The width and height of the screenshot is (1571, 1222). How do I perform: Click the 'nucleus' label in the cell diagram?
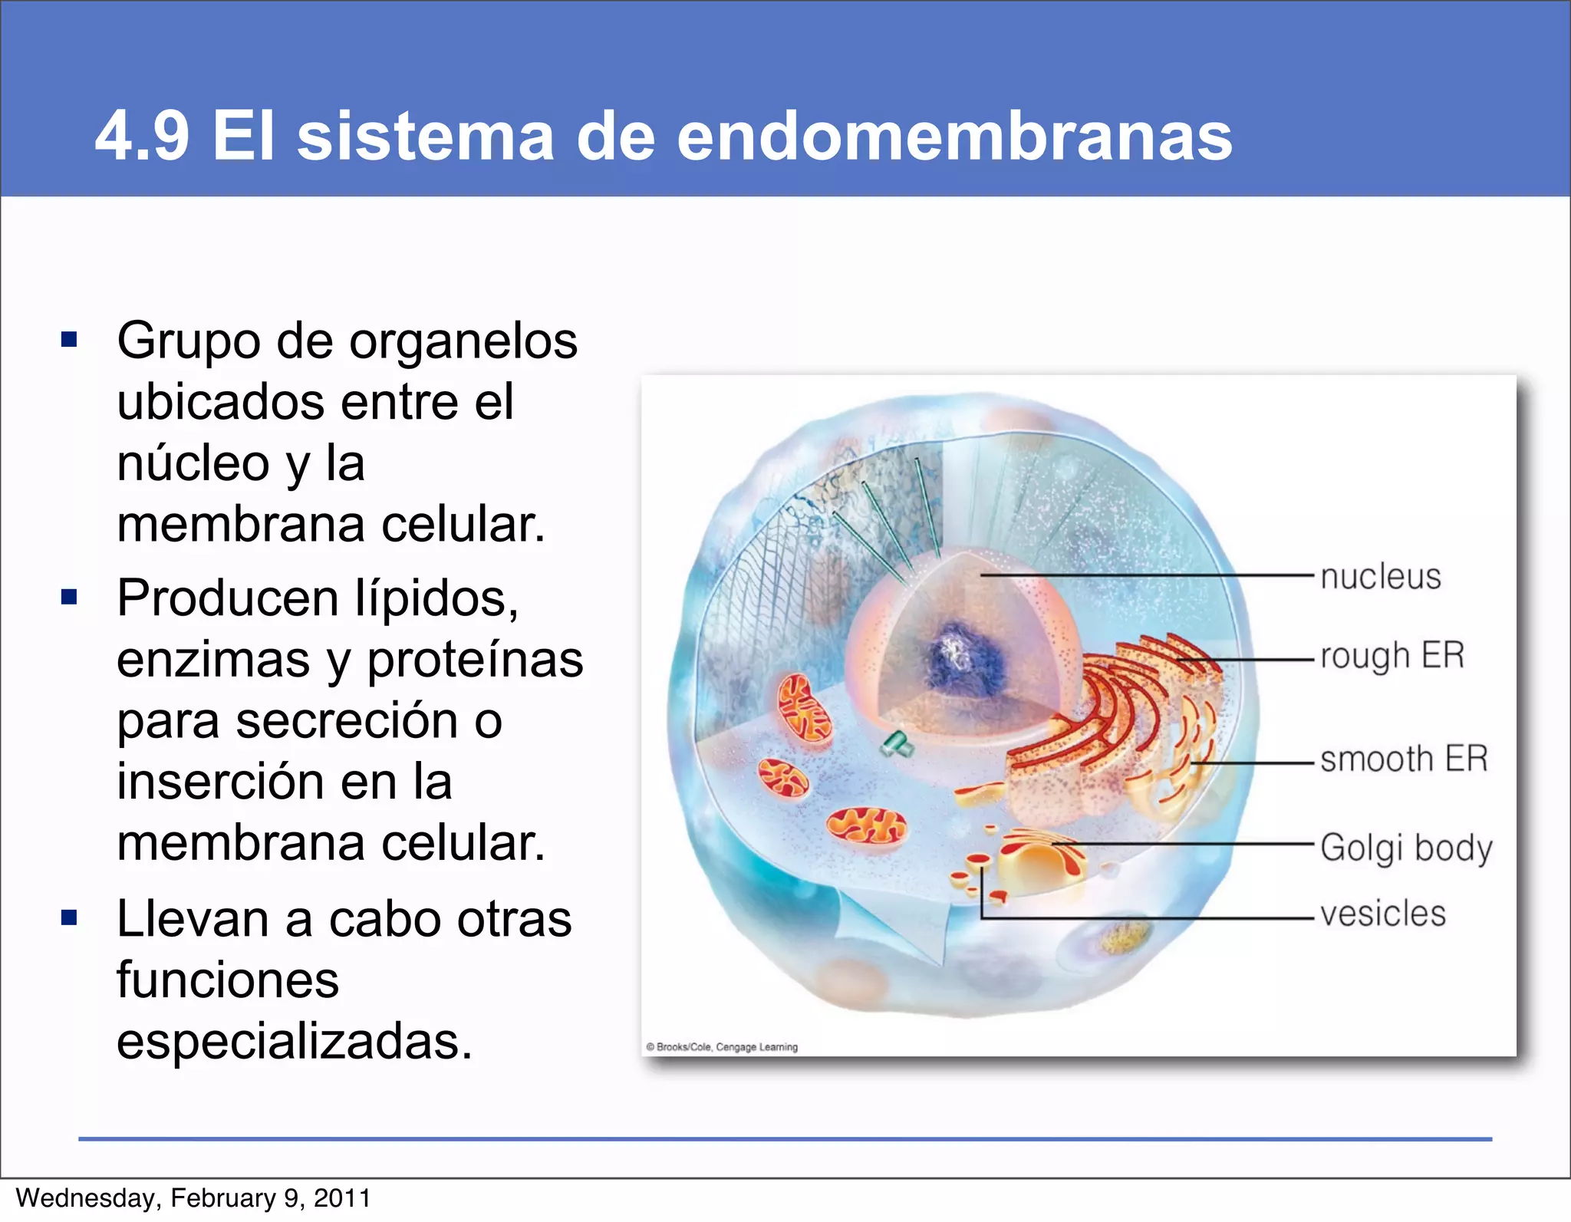pos(1380,577)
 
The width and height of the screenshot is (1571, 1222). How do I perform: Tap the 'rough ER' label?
pos(1392,657)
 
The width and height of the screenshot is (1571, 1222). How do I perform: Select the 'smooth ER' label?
pos(1404,759)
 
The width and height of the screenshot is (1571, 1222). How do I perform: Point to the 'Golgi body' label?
pos(1406,848)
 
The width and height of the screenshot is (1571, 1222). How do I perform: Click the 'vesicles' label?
pos(1382,914)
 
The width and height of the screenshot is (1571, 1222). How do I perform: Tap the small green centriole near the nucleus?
pos(895,743)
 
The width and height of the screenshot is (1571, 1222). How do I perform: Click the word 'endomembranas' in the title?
pos(954,137)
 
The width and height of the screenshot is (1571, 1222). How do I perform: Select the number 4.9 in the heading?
pos(142,137)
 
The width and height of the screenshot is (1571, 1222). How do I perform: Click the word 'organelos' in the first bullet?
pos(464,341)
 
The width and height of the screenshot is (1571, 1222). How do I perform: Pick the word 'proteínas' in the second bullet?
pos(475,660)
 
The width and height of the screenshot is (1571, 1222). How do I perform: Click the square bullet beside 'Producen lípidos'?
pos(70,597)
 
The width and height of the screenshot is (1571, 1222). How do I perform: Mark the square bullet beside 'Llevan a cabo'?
pos(70,917)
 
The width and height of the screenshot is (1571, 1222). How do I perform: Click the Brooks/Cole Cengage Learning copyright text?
pos(722,1047)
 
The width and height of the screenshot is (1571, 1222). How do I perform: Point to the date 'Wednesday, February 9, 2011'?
pos(193,1198)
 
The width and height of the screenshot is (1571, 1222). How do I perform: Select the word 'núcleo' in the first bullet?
pos(194,464)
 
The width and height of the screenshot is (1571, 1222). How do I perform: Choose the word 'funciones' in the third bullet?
pos(228,980)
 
